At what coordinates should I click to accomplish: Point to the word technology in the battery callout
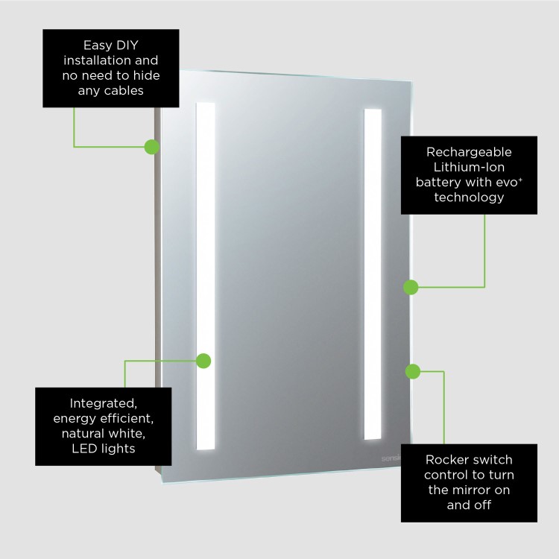[469, 198]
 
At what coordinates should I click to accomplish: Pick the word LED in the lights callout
[86, 449]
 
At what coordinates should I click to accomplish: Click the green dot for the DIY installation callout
[152, 146]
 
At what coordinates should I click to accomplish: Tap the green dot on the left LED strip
[203, 361]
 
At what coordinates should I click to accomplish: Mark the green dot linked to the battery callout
[411, 287]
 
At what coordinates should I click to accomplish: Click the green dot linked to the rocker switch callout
[413, 370]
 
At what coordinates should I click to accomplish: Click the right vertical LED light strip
[373, 276]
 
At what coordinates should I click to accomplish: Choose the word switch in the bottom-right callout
[493, 459]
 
